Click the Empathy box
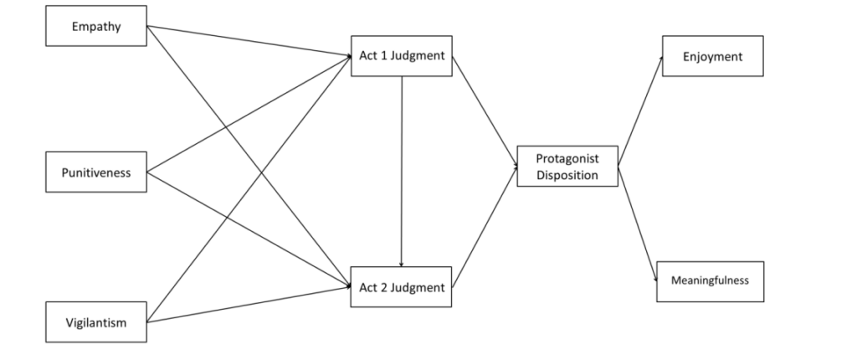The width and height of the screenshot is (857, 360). tap(96, 26)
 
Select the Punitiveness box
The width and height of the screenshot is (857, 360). tap(96, 172)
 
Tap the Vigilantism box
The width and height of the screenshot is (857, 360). tap(96, 321)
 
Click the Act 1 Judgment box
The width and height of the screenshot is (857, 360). tap(402, 56)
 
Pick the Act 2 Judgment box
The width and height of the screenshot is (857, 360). tap(401, 286)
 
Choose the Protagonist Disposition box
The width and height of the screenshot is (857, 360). tap(567, 166)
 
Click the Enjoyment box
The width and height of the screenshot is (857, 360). tap(713, 56)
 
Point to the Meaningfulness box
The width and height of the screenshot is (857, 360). tap(710, 281)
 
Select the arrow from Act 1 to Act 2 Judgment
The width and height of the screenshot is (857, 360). tap(402, 172)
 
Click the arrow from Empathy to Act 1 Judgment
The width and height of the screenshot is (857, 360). tap(249, 40)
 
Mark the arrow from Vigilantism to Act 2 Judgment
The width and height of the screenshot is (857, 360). tap(249, 304)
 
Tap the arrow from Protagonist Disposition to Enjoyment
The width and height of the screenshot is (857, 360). tap(640, 111)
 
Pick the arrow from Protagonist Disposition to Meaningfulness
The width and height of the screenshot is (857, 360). tap(637, 224)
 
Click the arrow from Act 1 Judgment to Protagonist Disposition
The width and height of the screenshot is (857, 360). tap(485, 111)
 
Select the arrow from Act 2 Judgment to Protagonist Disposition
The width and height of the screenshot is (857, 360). tap(485, 227)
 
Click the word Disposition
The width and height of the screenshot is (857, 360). tap(567, 175)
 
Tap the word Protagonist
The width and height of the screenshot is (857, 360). tap(567, 158)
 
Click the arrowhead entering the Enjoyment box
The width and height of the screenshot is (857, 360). tap(661, 59)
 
